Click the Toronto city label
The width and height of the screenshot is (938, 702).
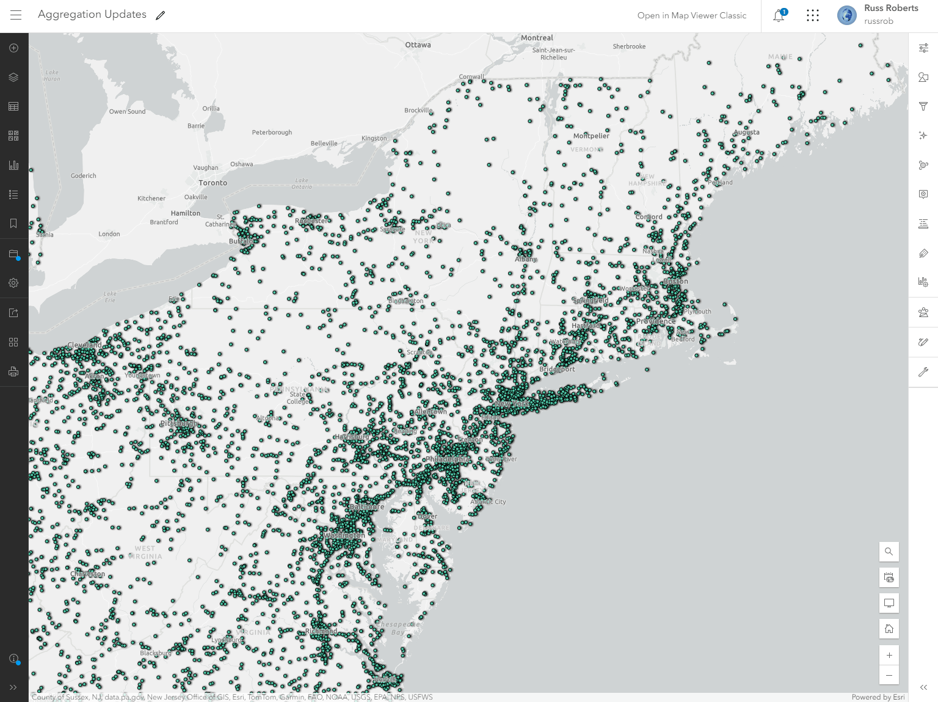(213, 183)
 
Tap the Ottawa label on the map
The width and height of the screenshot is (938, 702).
(418, 45)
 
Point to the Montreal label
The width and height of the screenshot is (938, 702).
(537, 38)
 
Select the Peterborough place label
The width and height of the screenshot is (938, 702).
(272, 132)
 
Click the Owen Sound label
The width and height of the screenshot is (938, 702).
(127, 111)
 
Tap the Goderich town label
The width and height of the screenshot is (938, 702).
(83, 175)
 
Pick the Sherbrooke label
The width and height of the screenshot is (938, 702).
(629, 46)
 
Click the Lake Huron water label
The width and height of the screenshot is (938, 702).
(52, 75)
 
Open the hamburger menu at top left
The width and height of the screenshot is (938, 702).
(16, 15)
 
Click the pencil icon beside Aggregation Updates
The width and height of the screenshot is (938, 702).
(161, 15)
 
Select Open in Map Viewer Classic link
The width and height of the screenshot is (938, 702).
(692, 15)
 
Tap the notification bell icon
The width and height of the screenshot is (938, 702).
(779, 16)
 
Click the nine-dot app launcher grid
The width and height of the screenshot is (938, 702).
(812, 15)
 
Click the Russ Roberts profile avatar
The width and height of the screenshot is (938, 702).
(846, 15)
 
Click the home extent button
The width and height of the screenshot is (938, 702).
(889, 629)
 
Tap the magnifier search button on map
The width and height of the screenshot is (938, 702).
(889, 552)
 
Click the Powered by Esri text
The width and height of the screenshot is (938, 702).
(878, 697)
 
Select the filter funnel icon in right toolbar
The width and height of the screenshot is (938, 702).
(923, 106)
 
